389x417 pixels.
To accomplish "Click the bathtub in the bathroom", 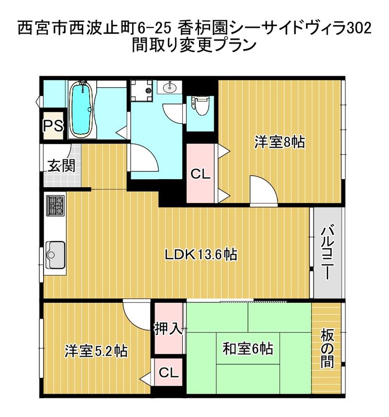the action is click(81, 109).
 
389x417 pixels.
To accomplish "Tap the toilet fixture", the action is click(200, 105).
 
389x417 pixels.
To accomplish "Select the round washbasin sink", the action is click(169, 87).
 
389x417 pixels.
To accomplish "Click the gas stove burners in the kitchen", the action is click(56, 205).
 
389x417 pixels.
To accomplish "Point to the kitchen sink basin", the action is click(56, 255).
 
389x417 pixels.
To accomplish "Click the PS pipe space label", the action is click(53, 125).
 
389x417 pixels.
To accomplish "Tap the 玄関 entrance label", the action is click(61, 165).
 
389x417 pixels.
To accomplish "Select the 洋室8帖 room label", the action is click(279, 142).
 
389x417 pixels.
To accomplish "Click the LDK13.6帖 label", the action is click(201, 254).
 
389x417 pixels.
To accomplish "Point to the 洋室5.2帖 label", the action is click(96, 351).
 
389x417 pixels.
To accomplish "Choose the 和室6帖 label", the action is click(248, 349).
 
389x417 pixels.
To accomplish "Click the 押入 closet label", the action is click(168, 329).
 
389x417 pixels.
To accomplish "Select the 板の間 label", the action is click(327, 349).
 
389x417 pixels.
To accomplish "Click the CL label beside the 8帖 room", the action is click(201, 175).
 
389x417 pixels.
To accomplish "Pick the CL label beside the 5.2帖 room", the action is click(168, 373).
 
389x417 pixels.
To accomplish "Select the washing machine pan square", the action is click(141, 91).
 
